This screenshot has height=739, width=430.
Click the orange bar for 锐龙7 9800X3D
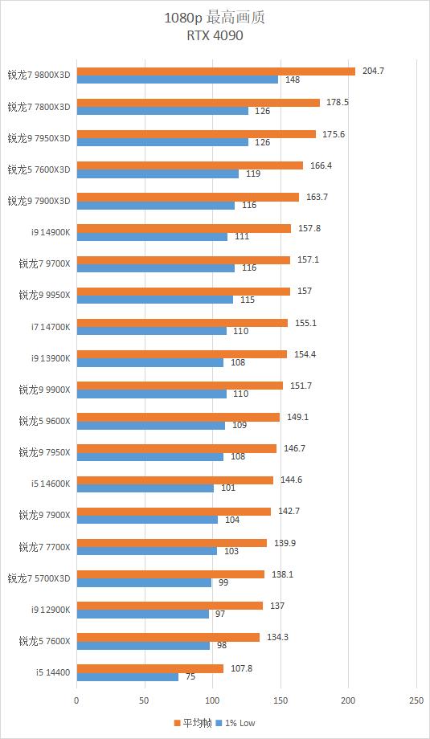[215, 71]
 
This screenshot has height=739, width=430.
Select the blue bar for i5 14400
[127, 677]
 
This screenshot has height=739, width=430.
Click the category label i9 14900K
[51, 232]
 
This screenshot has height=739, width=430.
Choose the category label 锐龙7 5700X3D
[39, 578]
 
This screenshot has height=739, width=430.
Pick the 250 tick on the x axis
[416, 700]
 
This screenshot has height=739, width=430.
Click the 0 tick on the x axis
[76, 700]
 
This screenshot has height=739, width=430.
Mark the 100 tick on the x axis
[212, 700]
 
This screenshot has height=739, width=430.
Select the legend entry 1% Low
[239, 723]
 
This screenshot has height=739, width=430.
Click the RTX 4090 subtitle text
[215, 35]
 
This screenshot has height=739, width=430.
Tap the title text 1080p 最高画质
[215, 17]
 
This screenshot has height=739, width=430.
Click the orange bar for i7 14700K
[182, 323]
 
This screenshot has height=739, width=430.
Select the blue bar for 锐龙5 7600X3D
[158, 174]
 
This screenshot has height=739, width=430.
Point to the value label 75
[190, 677]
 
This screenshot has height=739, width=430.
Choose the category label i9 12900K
[51, 610]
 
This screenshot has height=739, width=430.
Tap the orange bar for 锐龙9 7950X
[176, 448]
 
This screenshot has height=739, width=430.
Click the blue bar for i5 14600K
[145, 488]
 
